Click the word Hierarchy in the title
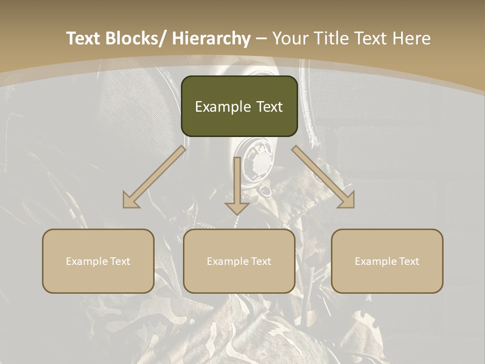[x=211, y=38]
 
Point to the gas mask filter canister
[x=258, y=162]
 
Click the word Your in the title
[x=289, y=38]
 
